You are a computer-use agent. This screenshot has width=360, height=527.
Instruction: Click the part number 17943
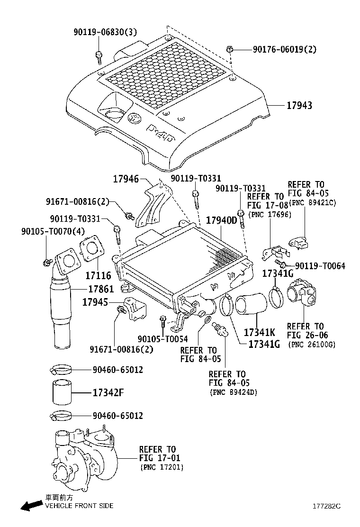point(299,106)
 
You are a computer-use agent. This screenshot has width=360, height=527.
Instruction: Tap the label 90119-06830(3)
point(105,32)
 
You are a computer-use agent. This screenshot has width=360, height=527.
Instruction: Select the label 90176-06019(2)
point(284,49)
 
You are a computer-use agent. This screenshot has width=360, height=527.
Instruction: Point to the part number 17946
point(126,179)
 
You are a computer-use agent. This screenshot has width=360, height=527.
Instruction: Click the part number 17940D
point(221,220)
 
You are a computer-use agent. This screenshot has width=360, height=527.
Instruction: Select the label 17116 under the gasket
point(98,275)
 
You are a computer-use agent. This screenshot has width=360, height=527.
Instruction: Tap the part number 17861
point(102,289)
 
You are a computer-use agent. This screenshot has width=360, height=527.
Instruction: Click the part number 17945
point(95,302)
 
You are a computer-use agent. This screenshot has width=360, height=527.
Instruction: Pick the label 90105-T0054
point(162,339)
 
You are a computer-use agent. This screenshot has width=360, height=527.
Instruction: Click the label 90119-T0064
point(320,266)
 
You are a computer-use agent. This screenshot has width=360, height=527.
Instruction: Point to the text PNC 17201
point(162,468)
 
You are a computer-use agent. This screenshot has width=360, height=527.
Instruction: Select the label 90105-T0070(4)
point(53,231)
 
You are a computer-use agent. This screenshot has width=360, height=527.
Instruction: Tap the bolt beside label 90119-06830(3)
point(99,56)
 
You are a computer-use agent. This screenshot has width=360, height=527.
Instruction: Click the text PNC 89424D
point(233,392)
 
